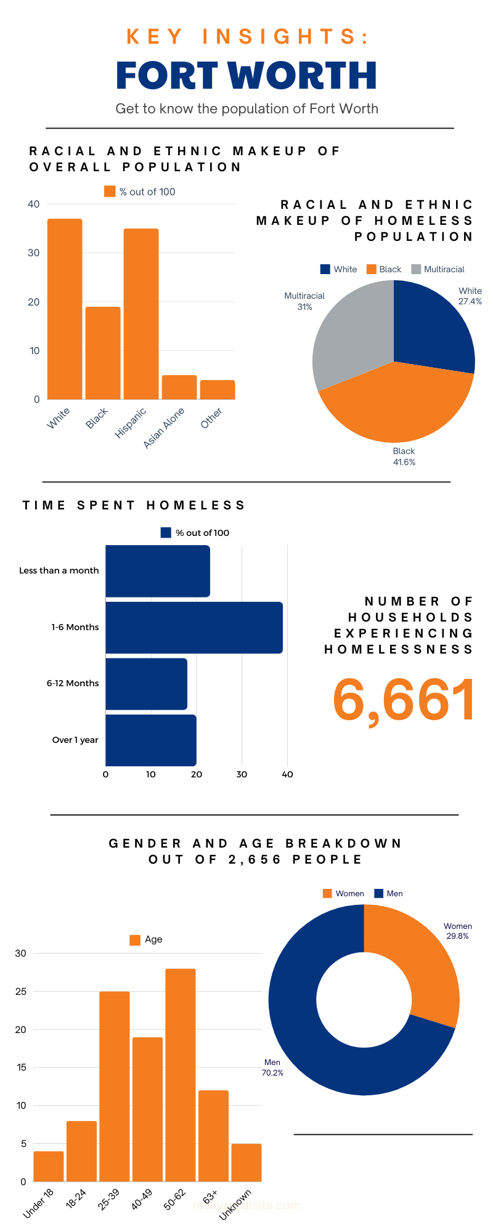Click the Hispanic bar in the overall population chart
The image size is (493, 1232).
141,314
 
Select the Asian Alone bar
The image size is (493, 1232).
179,387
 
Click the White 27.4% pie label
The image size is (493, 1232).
470,296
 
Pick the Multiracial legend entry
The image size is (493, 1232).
438,269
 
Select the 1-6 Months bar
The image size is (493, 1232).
194,627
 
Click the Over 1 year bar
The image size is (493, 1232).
150,740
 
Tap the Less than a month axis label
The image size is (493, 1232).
59,570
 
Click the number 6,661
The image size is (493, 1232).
404,700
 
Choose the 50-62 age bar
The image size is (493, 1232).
180,1075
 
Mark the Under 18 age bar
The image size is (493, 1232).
49,1166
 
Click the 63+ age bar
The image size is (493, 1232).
213,1136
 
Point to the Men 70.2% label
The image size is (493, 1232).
272,1067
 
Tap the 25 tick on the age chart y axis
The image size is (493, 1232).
21,992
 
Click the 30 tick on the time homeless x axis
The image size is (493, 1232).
242,774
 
